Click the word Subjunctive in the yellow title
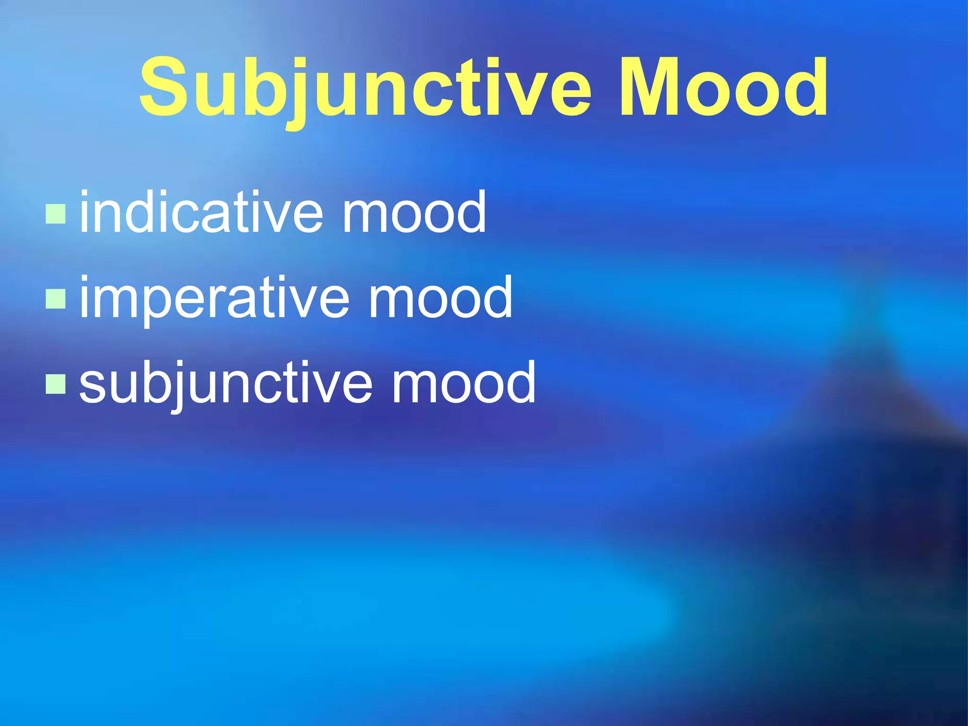pos(364,87)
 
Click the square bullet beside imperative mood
pos(56,299)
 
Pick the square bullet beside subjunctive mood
pos(56,384)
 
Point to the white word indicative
pos(201,213)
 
